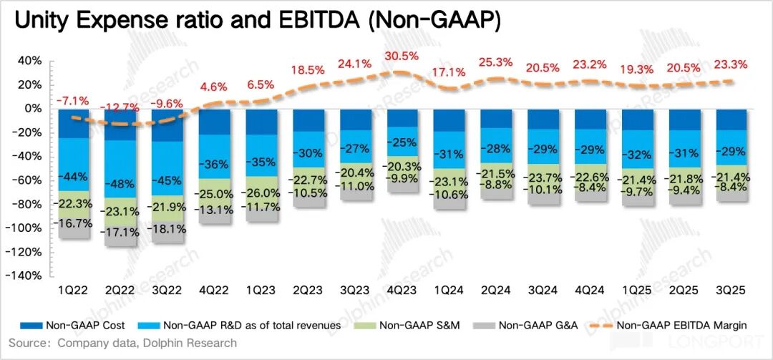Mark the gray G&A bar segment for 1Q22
tap(73, 230)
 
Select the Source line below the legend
tap(122, 344)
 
